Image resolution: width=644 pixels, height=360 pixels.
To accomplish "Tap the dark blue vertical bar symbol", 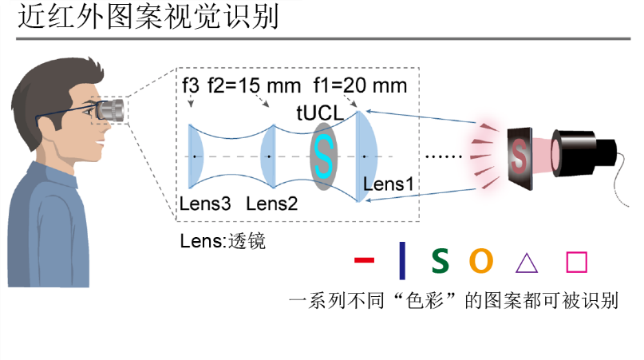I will pos(401,260).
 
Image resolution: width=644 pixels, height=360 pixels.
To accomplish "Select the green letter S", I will pos(440,260).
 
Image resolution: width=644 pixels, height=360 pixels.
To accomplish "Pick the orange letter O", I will pos(480,260).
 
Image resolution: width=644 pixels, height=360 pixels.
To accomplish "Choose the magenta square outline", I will pos(575,261).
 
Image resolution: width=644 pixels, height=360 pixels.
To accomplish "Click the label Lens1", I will pos(388,184).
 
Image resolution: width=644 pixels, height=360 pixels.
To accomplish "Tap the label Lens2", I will pos(271,204).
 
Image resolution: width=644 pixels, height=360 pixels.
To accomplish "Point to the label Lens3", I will pos(205,204).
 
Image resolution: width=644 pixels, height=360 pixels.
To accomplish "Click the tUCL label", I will pos(319,113).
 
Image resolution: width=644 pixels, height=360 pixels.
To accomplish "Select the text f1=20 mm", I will pos(360,85).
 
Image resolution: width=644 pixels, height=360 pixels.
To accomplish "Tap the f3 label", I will pos(190,85).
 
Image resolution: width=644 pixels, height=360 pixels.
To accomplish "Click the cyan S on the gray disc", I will pos(322,156).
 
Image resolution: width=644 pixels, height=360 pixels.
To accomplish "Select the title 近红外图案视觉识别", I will pos(148,18).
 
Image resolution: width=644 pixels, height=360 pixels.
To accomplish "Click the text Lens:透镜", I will pos(223,241).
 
